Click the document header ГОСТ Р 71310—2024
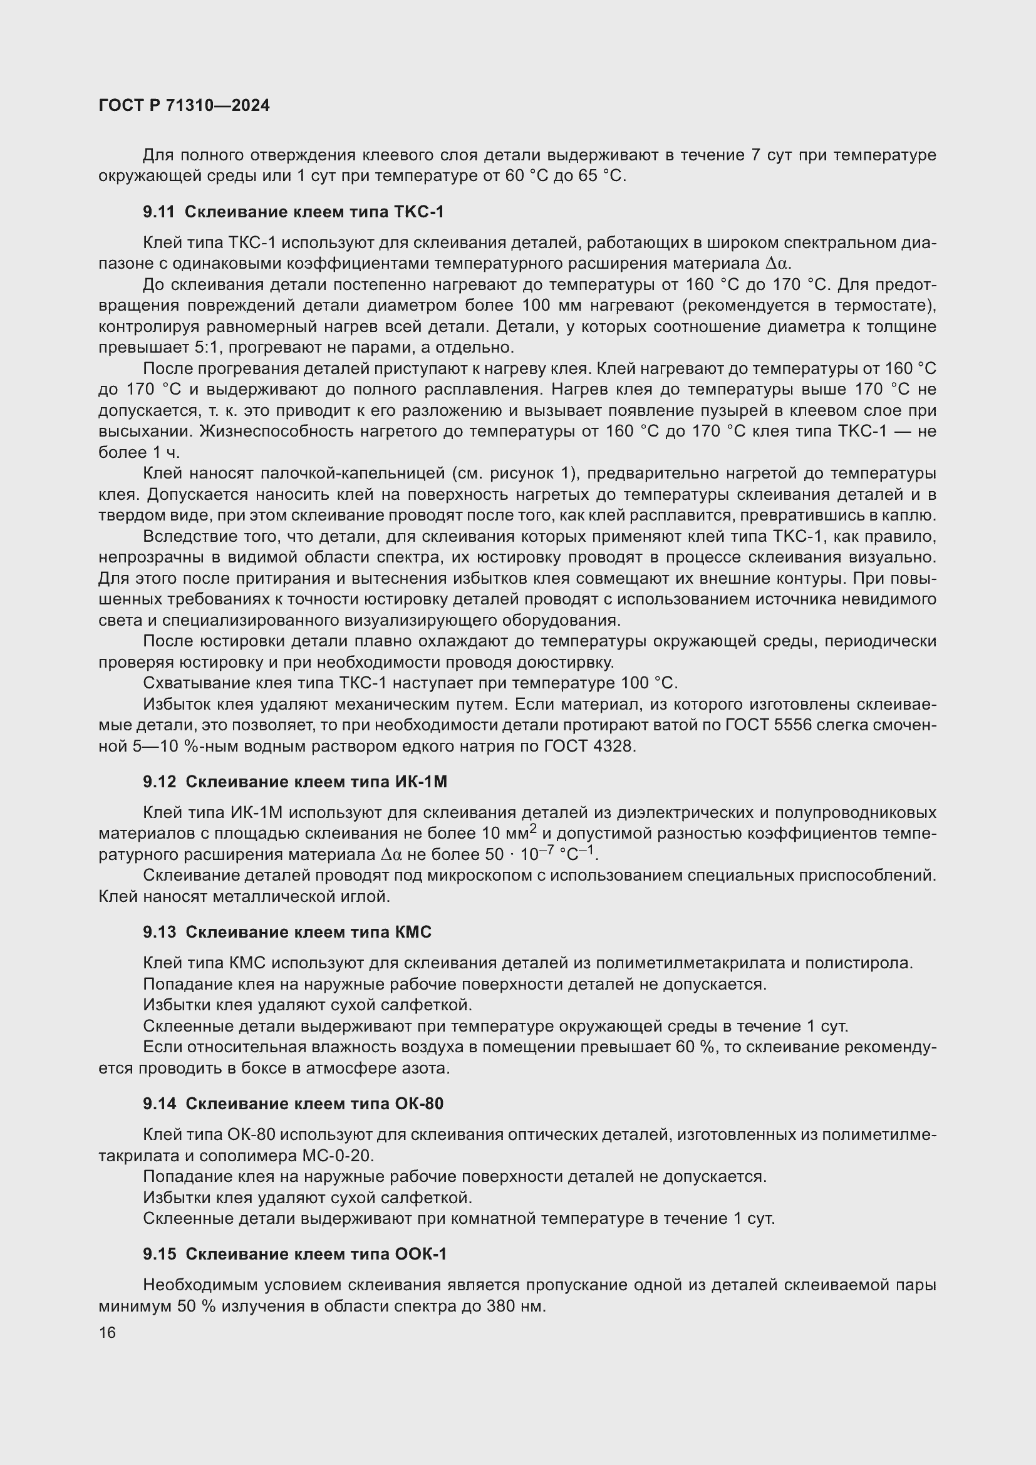[x=184, y=106]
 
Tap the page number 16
[x=107, y=1332]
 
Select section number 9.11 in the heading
[x=158, y=212]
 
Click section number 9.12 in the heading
[x=159, y=782]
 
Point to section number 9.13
[x=159, y=932]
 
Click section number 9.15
[x=159, y=1254]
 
